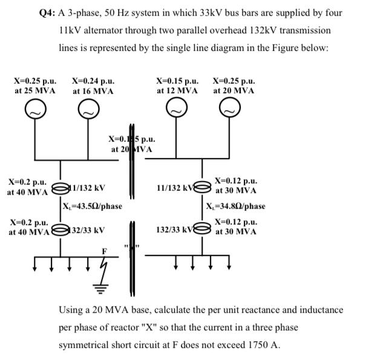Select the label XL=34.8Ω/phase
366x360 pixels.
pyautogui.click(x=235, y=206)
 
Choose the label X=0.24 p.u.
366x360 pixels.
pyautogui.click(x=93, y=80)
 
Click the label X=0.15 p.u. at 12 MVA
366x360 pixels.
pyautogui.click(x=177, y=80)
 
